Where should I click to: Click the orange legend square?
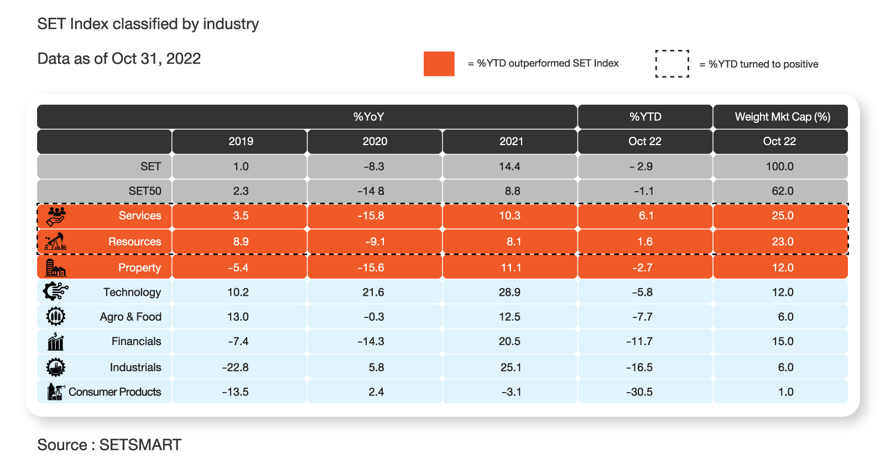(439, 63)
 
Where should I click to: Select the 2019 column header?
(241, 141)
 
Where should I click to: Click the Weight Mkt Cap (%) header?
(782, 117)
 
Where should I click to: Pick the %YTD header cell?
(645, 117)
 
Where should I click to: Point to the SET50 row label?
(144, 191)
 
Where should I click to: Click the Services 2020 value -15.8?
(371, 215)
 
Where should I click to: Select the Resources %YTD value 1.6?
(645, 241)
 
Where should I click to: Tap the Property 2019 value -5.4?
(238, 268)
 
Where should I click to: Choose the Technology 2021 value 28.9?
(509, 292)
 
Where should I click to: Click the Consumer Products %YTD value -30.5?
(639, 392)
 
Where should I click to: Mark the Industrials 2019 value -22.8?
(235, 367)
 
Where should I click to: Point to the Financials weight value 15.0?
(783, 341)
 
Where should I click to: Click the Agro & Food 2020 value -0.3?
(374, 316)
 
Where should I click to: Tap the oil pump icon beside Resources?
(55, 241)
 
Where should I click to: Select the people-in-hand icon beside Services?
(56, 216)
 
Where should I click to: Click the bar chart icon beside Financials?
(56, 341)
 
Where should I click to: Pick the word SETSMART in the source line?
(140, 445)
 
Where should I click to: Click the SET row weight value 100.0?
(779, 166)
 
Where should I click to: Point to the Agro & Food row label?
(131, 316)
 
